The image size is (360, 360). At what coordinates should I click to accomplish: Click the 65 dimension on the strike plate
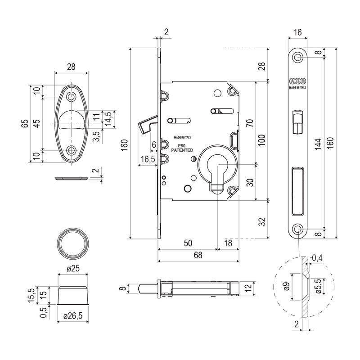click(27, 123)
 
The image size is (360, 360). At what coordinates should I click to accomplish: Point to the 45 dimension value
click(36, 123)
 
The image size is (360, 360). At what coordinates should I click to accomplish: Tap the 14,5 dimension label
click(108, 120)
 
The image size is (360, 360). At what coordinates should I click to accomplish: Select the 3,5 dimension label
click(96, 137)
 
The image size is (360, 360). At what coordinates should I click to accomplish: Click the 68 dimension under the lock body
click(198, 255)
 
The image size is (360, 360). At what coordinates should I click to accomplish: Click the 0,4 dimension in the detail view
click(317, 257)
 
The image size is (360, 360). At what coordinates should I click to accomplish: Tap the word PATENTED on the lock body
click(182, 150)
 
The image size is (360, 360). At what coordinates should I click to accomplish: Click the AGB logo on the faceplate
click(298, 81)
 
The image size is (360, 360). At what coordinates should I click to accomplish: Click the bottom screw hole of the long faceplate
click(298, 229)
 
